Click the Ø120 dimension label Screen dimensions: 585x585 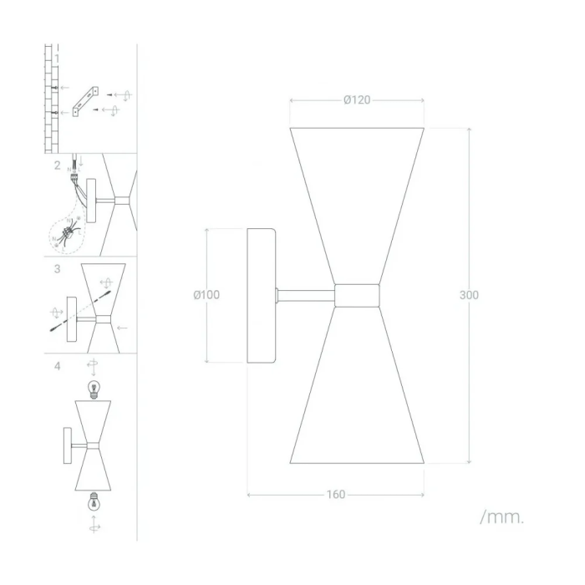[357, 100]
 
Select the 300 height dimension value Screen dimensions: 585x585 [469, 295]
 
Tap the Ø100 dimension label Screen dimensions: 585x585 [206, 295]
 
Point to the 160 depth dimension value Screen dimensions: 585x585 [336, 495]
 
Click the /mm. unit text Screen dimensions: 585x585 [501, 517]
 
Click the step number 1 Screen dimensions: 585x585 [57, 58]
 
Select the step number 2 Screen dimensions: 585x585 [57, 165]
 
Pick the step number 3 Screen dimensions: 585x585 [57, 268]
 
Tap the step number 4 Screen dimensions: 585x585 [57, 366]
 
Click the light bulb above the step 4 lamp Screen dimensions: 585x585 [94, 389]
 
